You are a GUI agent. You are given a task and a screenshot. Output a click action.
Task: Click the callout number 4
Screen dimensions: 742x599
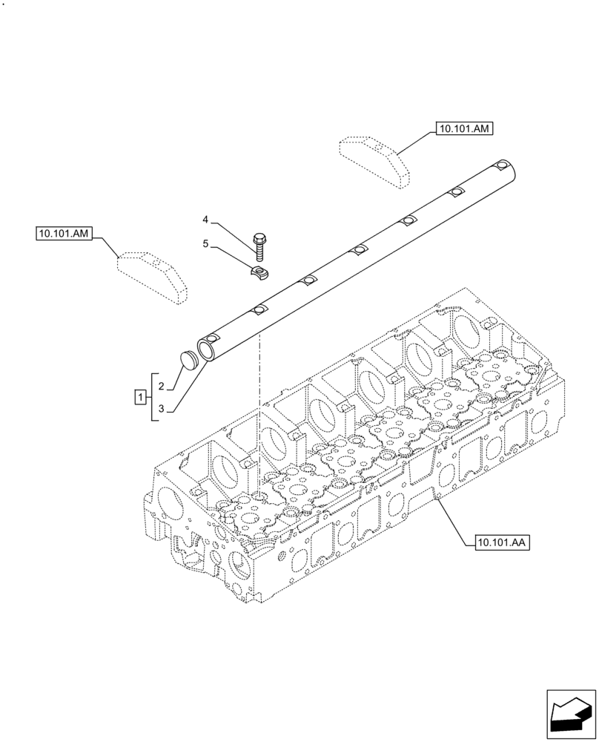[206, 220]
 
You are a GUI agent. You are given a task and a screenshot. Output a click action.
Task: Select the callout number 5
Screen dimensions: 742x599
[206, 243]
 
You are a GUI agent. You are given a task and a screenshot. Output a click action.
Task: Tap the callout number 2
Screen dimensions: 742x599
[161, 386]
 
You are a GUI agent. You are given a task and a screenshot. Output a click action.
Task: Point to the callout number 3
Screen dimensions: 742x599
[161, 407]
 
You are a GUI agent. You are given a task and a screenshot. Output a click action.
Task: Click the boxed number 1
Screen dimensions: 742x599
[140, 397]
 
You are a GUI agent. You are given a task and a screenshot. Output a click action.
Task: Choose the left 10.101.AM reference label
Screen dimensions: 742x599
[63, 234]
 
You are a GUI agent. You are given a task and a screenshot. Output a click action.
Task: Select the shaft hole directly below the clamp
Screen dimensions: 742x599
[259, 310]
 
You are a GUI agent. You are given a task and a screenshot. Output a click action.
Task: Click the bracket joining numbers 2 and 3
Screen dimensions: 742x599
[152, 397]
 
